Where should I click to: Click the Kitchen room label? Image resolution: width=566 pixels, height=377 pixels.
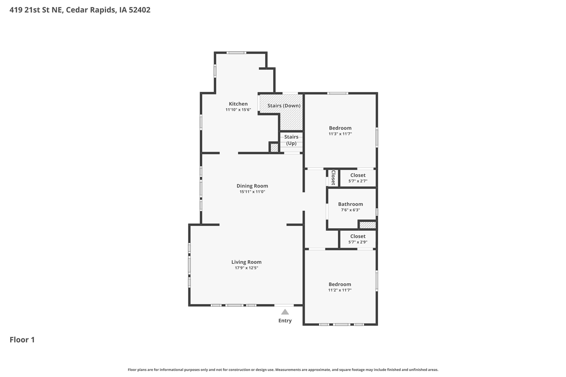click(x=238, y=104)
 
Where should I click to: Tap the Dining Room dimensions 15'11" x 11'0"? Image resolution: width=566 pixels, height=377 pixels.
click(x=252, y=192)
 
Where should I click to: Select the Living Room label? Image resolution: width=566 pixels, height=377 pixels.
click(x=246, y=262)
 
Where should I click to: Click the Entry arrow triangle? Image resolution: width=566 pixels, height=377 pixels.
click(x=285, y=312)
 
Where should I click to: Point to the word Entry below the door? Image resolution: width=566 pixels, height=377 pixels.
click(x=285, y=321)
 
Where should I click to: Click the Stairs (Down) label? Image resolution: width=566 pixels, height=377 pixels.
click(x=284, y=106)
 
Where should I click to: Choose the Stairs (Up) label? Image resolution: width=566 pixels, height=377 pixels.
click(x=291, y=140)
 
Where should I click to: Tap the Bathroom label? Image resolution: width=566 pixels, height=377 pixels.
click(x=350, y=204)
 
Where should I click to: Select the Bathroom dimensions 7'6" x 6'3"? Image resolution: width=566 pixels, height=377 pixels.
click(x=350, y=210)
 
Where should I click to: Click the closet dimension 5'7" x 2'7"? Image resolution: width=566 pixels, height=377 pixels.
click(x=358, y=181)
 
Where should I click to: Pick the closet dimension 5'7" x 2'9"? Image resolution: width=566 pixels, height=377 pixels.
click(x=358, y=242)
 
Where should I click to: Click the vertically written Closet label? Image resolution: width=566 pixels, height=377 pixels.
click(x=333, y=178)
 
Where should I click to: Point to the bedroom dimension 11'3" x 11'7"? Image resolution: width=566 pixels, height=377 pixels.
click(x=340, y=134)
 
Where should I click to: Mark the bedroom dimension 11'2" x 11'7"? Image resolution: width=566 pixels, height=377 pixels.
click(x=340, y=290)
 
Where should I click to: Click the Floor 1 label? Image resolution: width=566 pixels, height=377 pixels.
click(x=22, y=340)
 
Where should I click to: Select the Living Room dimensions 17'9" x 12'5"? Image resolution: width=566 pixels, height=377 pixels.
click(x=246, y=268)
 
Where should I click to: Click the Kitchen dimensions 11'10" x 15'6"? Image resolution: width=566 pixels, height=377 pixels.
click(x=238, y=110)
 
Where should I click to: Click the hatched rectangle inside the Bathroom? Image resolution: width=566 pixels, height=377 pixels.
click(x=367, y=225)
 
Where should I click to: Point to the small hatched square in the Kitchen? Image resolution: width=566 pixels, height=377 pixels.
click(x=274, y=148)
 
